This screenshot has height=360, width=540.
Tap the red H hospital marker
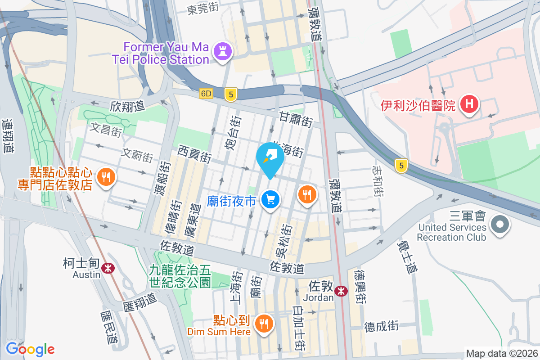tap(469, 105)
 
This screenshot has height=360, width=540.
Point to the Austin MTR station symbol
tap(108, 268)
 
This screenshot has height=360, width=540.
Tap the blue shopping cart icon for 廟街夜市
tap(270, 200)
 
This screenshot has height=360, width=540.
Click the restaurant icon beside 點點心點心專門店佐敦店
tap(106, 177)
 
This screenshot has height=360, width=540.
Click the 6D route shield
tap(206, 94)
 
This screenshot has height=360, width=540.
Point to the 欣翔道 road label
tap(127, 106)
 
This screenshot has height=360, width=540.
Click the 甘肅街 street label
tap(296, 119)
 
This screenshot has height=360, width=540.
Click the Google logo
tap(30, 349)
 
